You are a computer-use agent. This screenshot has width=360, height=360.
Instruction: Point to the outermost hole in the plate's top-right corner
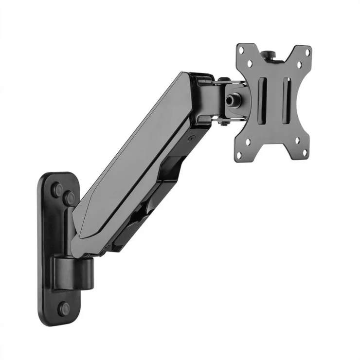pyautogui.click(x=307, y=51)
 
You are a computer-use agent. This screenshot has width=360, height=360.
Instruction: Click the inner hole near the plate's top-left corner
pyautogui.click(x=250, y=62)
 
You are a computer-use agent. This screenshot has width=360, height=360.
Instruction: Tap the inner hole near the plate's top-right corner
pyautogui.click(x=299, y=64)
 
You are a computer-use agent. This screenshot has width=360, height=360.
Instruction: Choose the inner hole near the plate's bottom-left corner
pyautogui.click(x=249, y=142)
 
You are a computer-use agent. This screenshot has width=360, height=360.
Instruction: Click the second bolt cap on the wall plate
pyautogui.click(x=69, y=198)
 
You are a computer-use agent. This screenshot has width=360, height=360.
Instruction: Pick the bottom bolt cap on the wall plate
pyautogui.click(x=64, y=308)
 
